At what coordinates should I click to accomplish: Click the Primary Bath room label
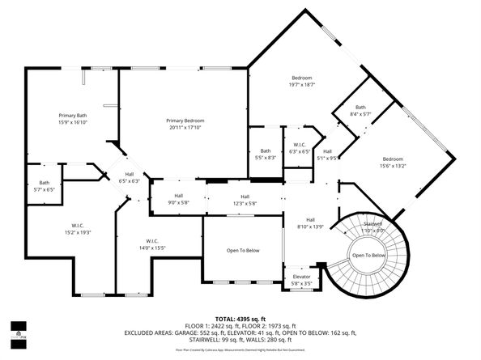point(72,115)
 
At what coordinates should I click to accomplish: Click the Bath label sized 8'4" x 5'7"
point(360,108)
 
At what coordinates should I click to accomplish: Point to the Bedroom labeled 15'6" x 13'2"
point(393,159)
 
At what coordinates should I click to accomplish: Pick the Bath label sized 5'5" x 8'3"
point(266,151)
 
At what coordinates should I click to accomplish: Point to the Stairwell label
point(372,223)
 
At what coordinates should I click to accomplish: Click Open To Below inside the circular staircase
point(368,256)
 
